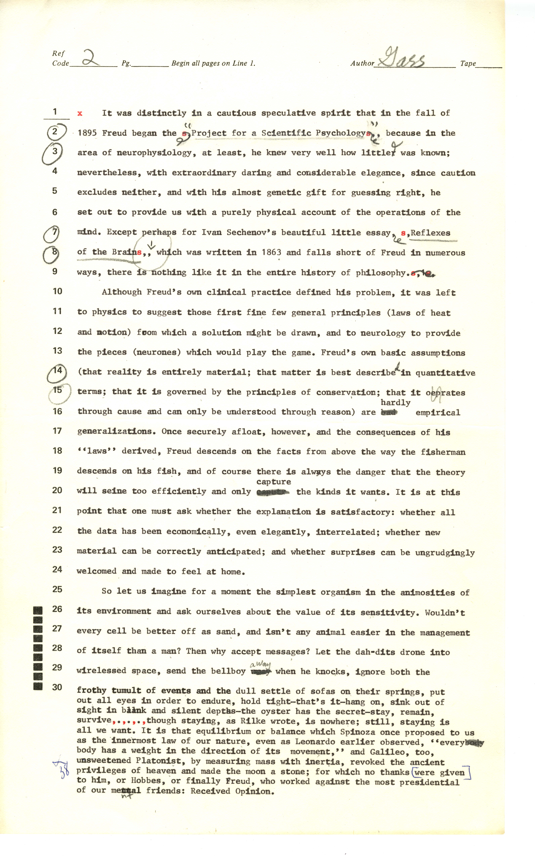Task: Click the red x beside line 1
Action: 80,113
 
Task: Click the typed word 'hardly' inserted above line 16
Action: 395,403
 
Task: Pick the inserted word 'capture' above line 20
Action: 273,482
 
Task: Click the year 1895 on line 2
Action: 87,133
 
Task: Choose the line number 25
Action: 57,589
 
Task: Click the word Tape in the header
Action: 468,64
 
